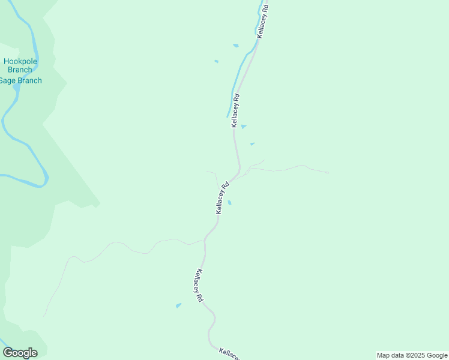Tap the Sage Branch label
[x=20, y=80]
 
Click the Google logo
[x=20, y=353]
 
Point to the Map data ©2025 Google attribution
[x=412, y=355]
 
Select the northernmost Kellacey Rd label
[x=263, y=23]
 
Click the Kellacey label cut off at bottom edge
[x=229, y=354]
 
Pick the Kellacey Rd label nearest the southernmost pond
[x=199, y=285]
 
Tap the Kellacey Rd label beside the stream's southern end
[x=236, y=110]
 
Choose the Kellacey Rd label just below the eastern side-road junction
[x=221, y=198]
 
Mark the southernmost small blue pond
[x=178, y=305]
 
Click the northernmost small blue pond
[x=236, y=46]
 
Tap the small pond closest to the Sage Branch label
[x=216, y=61]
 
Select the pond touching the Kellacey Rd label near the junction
[x=229, y=202]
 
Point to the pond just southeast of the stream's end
[x=243, y=126]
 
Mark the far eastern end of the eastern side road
[x=328, y=173]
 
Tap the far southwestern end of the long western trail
[x=44, y=316]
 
